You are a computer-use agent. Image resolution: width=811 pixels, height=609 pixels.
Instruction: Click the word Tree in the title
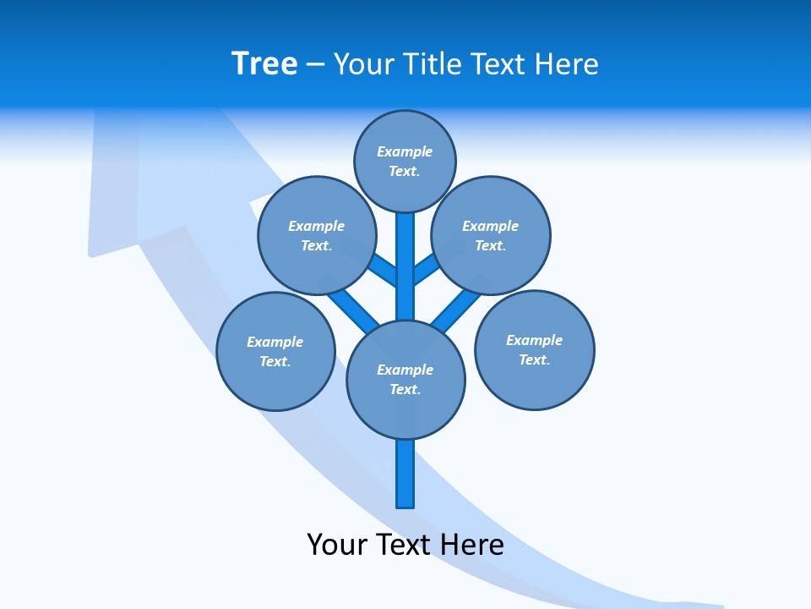[264, 63]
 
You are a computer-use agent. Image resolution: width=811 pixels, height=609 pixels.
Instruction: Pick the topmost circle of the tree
[405, 161]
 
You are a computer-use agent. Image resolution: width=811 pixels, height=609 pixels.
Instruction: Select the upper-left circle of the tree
[316, 235]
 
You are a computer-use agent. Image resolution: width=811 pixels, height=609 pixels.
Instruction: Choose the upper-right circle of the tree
[491, 235]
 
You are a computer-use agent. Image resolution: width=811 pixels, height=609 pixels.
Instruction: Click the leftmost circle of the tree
[275, 351]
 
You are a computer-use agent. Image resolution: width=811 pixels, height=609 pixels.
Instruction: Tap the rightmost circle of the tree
[534, 349]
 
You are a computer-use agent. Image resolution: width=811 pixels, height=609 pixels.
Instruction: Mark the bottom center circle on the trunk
[405, 379]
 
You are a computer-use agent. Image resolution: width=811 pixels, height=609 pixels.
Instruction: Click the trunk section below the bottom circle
[405, 474]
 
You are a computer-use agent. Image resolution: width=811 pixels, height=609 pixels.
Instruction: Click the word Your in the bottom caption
[336, 545]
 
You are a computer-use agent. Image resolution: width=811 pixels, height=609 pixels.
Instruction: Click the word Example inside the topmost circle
[405, 151]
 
